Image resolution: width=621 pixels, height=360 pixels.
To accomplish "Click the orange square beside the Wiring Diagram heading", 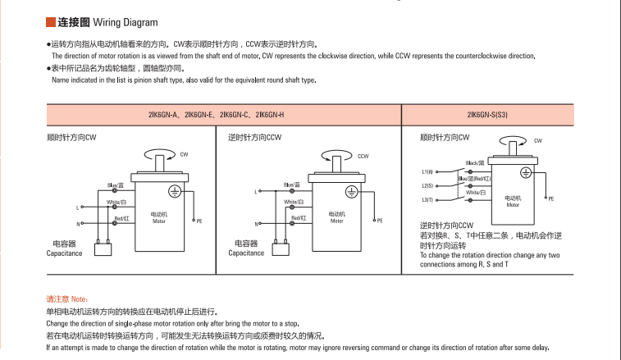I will coord(50,22).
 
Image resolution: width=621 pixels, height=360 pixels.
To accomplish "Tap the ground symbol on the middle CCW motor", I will coord(352,191).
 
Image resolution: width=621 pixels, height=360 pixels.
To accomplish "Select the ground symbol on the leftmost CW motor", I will coord(174,191).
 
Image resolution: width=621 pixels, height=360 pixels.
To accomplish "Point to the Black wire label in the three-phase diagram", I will coord(475,163).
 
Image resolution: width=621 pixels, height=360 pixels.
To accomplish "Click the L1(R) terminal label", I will coord(427,172).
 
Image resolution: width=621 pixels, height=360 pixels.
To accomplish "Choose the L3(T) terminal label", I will coord(427,199).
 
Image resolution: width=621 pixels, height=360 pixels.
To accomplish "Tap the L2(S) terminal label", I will coord(427,186).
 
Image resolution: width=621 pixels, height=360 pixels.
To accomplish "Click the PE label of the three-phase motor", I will coord(551,198).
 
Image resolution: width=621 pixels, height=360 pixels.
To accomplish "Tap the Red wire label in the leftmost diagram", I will coord(121,218).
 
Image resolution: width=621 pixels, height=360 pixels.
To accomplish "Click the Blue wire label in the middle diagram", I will coord(291,185).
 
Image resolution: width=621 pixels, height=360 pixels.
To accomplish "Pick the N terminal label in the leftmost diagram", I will coord(79,223).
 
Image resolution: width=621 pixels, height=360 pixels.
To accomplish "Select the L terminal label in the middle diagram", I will coord(255,192).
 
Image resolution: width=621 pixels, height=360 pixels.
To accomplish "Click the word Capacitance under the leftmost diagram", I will coord(65,253).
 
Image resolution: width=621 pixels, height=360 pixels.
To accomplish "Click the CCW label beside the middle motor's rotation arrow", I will coord(363,156).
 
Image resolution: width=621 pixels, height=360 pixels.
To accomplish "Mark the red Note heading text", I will coord(66,299).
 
